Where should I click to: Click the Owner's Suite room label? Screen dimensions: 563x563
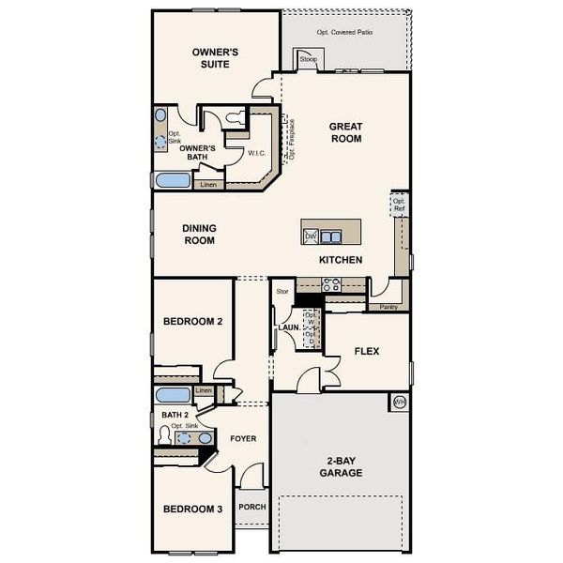(215, 59)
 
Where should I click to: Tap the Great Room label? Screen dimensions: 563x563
(345, 132)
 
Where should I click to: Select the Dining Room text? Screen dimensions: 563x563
(198, 234)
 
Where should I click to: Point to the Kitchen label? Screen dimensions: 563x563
(341, 260)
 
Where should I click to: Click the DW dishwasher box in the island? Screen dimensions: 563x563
(311, 236)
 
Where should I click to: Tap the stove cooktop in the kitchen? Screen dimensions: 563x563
(331, 284)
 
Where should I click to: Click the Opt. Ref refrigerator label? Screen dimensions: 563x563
(399, 205)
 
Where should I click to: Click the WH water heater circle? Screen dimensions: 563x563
(399, 403)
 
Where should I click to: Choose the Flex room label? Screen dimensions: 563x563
(366, 352)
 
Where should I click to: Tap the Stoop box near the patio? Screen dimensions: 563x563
(309, 60)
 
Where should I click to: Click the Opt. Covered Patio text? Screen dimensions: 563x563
(343, 33)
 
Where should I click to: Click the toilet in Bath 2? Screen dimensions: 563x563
(165, 436)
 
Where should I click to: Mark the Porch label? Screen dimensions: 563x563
(252, 507)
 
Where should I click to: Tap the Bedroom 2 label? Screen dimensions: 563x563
(192, 322)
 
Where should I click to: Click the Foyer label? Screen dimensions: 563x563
(243, 438)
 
